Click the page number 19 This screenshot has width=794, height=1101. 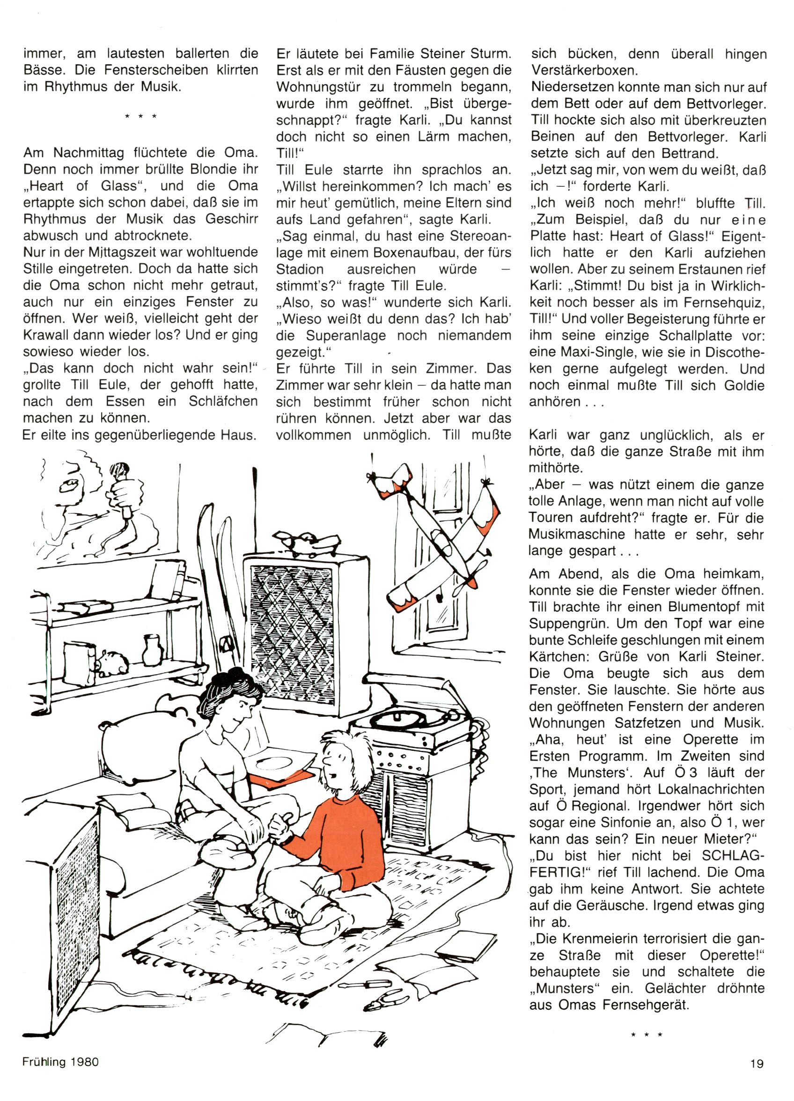pos(757,1064)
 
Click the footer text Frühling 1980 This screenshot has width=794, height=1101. pos(60,1062)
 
